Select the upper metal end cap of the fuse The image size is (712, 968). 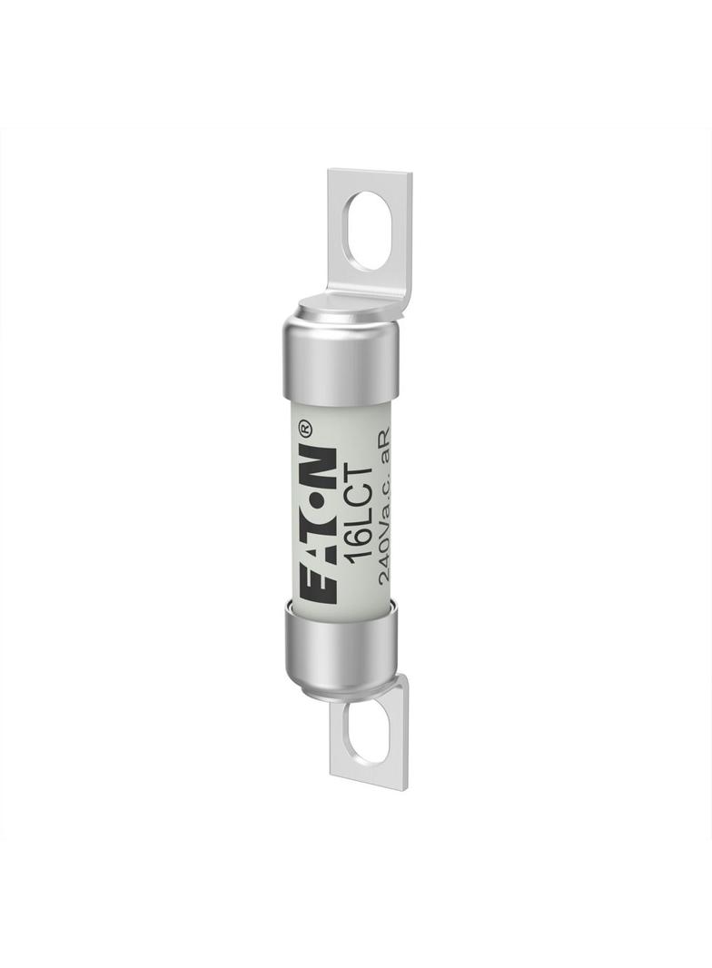click(x=341, y=360)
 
